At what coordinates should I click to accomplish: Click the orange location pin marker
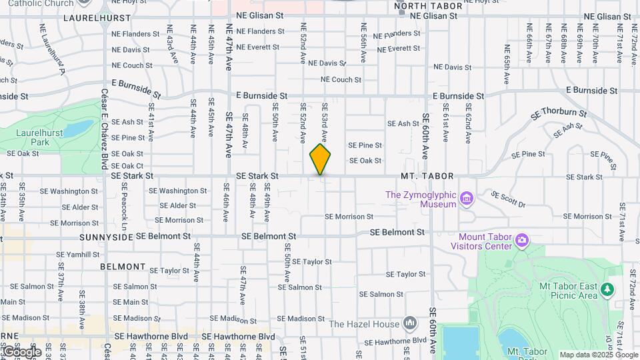(320, 159)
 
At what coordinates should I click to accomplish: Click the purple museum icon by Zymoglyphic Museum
(467, 198)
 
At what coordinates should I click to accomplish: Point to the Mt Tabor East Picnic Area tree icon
(607, 289)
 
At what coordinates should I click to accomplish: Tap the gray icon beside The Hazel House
(409, 324)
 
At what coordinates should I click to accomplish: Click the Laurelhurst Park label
(41, 137)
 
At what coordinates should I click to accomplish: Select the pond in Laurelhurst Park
(81, 127)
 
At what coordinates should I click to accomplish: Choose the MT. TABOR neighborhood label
(427, 176)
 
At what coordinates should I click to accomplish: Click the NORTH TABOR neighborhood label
(428, 6)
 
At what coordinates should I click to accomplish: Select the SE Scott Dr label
(508, 199)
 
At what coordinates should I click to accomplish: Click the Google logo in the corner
(21, 352)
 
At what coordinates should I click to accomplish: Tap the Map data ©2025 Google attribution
(598, 355)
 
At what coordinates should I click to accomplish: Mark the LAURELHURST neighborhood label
(91, 18)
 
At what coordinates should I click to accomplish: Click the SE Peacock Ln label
(124, 207)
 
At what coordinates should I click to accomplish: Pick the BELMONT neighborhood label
(123, 266)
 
